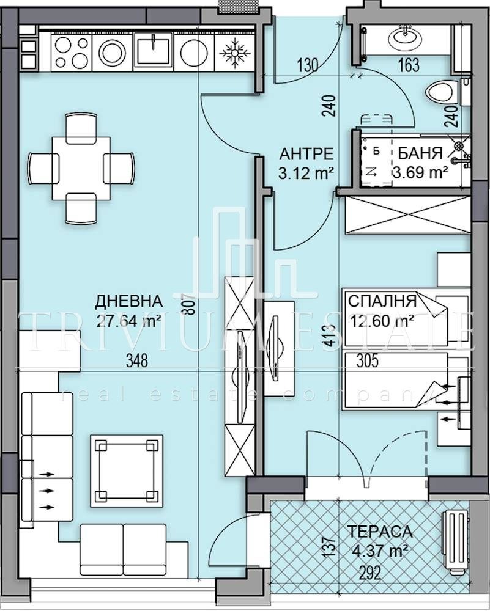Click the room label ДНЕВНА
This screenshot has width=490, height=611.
click(x=128, y=301)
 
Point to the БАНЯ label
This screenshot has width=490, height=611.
click(x=420, y=153)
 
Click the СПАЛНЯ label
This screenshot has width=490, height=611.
click(x=382, y=301)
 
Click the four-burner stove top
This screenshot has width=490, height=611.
click(x=72, y=52)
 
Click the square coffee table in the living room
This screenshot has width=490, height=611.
click(x=127, y=470)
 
